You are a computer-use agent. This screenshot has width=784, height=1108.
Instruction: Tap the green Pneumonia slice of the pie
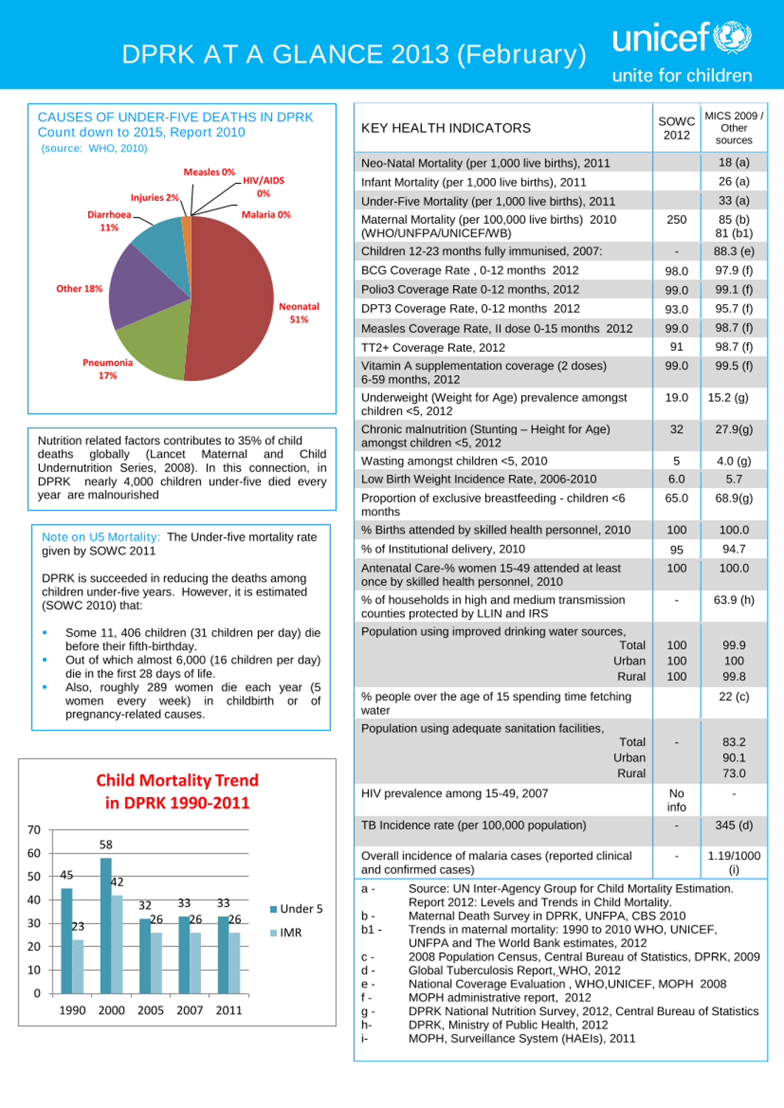(151, 343)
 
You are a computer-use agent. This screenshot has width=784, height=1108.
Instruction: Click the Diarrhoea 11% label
(109, 221)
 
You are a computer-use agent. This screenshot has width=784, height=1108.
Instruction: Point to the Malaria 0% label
(266, 215)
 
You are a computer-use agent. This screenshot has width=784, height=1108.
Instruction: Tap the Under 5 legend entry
(296, 909)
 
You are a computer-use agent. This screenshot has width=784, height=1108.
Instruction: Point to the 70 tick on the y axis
(34, 830)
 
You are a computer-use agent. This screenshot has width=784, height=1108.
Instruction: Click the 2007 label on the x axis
(190, 1010)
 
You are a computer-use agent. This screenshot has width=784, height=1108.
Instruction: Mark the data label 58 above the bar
(106, 845)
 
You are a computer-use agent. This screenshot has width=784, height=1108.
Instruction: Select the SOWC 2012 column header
(676, 129)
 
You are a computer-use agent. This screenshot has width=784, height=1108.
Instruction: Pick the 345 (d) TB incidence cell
(734, 826)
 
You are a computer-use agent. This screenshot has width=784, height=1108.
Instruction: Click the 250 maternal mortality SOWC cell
(676, 220)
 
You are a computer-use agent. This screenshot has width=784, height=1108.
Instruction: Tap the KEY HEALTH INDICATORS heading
(446, 129)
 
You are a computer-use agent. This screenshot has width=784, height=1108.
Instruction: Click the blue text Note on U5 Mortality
(100, 537)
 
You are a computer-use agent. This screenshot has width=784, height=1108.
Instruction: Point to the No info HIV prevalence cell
(676, 800)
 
